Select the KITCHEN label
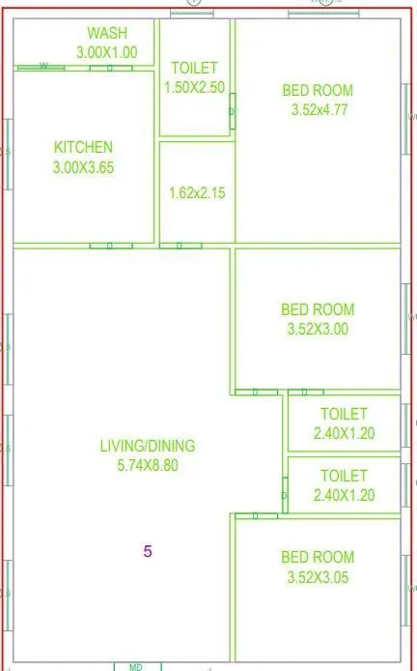coord(83,147)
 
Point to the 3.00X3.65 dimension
coord(83,165)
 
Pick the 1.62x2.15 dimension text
coord(196,192)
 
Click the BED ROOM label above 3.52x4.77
coord(318,91)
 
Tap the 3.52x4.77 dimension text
coord(319,109)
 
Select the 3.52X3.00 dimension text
coord(318,329)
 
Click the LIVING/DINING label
coord(147,446)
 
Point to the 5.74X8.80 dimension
coord(147,465)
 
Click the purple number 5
coord(147,552)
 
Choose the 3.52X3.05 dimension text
coord(318,576)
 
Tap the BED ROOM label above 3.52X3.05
coord(318,557)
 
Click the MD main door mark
coord(137,665)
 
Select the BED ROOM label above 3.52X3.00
coord(318,309)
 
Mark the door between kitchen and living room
coord(110,246)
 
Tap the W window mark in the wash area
coord(43,67)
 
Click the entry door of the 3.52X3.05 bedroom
coord(257,516)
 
